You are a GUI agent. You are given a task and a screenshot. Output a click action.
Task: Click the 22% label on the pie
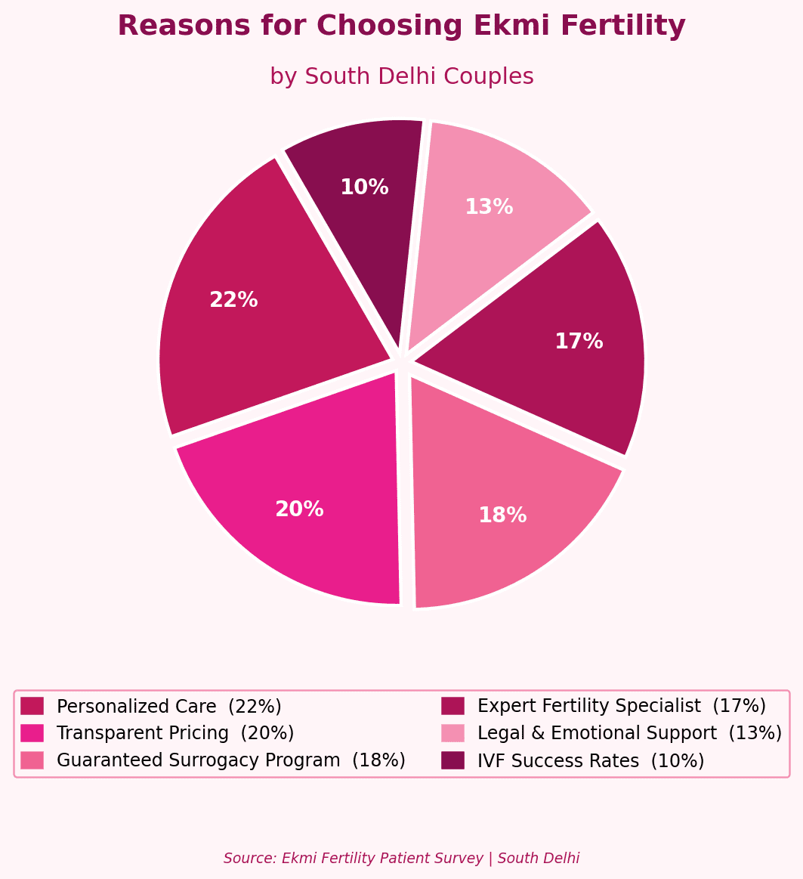[x=233, y=301]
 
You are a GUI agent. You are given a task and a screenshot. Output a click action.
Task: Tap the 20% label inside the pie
[x=299, y=510]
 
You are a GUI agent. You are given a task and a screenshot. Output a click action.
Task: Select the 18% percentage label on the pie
[x=502, y=516]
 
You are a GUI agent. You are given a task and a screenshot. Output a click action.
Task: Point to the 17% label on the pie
[x=579, y=342]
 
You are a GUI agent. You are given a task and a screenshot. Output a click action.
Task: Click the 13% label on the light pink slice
[x=489, y=208]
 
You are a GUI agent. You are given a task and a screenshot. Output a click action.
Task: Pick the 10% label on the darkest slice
[x=364, y=188]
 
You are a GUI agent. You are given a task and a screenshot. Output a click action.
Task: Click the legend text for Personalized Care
[x=168, y=707]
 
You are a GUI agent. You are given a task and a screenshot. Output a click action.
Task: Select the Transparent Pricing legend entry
[x=174, y=733]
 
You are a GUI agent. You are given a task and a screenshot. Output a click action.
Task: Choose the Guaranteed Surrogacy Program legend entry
[x=230, y=760]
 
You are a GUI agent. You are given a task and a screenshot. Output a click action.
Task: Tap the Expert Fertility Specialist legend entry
[x=621, y=707]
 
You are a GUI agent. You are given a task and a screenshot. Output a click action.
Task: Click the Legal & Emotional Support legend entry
[x=629, y=733]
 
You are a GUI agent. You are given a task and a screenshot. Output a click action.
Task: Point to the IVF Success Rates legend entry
[x=590, y=760]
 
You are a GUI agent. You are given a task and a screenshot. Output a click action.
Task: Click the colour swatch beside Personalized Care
[x=32, y=706]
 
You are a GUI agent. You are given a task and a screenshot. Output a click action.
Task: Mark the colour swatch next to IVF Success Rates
[x=453, y=760]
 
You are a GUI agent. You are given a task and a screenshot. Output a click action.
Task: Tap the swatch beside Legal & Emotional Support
[x=453, y=733]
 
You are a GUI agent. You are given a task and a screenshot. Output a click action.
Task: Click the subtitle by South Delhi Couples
[x=401, y=77]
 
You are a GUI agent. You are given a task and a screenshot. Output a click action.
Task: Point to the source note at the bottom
[x=401, y=859]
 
